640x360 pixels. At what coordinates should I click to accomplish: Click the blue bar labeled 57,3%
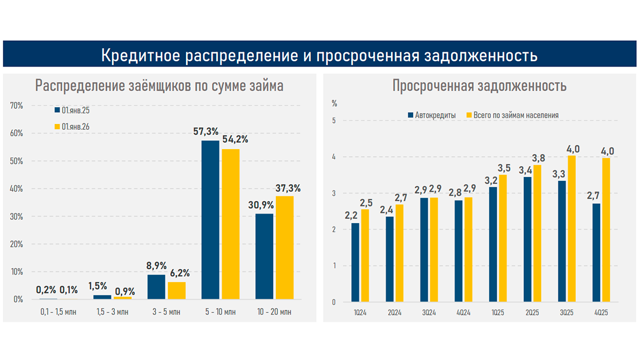pos(210,219)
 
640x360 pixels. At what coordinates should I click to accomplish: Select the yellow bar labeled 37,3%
pos(284,247)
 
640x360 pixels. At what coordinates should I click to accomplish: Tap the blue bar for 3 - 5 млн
pos(156,286)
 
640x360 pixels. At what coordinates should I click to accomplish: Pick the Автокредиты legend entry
pos(431,115)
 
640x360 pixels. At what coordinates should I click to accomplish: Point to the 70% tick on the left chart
pos(17,106)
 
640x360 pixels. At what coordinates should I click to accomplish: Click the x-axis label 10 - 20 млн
pos(274,312)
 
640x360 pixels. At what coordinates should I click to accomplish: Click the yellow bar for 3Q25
pos(571,229)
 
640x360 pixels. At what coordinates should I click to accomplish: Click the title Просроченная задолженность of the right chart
pos(479,85)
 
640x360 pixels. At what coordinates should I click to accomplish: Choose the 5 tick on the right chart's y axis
pos(334,120)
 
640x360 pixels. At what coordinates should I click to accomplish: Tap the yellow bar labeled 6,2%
pos(176,290)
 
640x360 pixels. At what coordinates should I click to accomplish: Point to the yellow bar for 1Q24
pos(365,255)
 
